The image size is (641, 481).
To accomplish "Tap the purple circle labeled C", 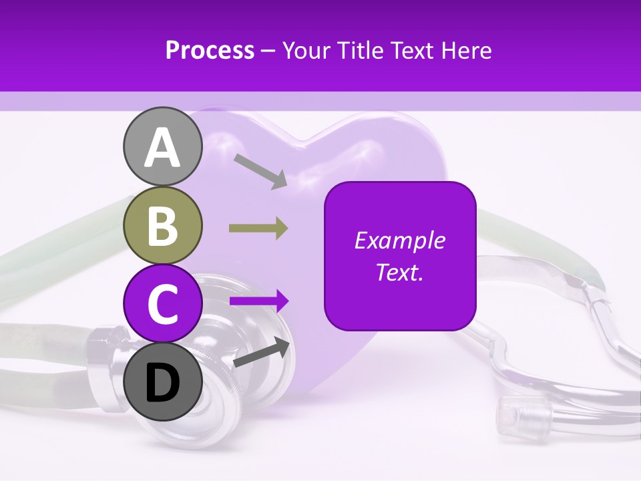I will pos(163,305).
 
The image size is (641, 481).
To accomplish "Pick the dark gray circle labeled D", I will pos(163,381).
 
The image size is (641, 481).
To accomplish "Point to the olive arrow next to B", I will pos(258,228).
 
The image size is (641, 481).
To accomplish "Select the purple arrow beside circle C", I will pos(259,301).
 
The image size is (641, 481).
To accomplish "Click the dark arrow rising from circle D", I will pos(262,353).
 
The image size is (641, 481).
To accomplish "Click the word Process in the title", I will pos(210,50).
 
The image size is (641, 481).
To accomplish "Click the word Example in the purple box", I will pos(399,240).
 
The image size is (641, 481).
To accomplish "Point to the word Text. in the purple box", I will pos(399,273).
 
